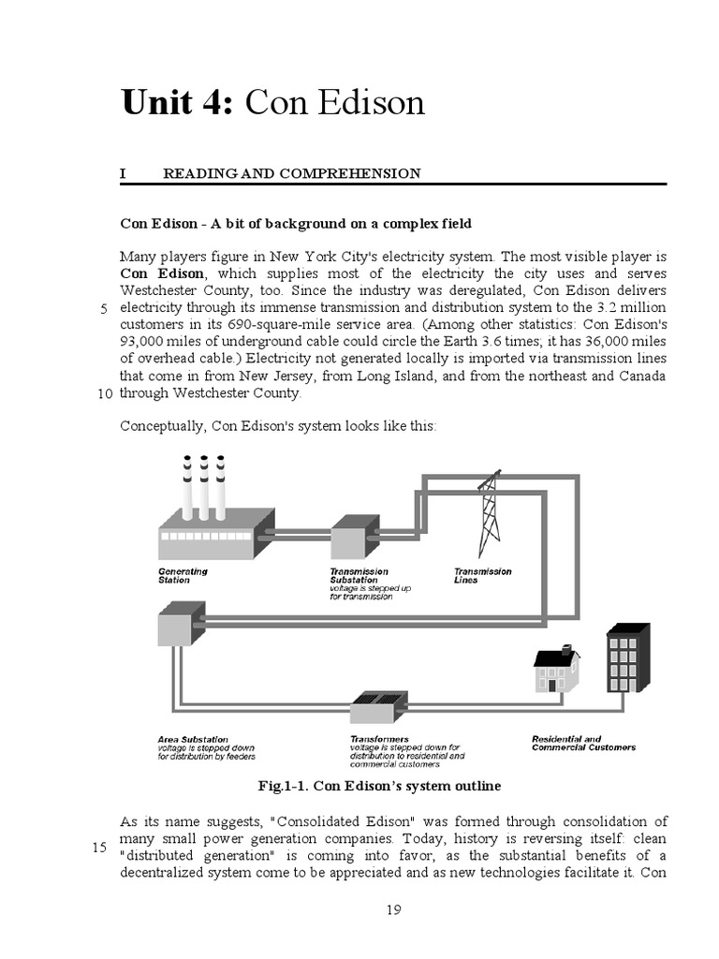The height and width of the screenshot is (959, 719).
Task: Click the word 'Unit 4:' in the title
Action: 178,102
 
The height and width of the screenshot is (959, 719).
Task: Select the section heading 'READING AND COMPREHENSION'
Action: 291,173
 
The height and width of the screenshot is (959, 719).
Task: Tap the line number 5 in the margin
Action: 104,309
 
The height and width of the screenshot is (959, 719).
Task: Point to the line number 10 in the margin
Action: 104,394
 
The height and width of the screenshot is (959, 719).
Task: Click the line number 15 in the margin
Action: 100,848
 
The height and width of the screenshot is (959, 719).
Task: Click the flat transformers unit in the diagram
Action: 374,704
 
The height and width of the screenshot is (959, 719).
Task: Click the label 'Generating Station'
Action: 183,575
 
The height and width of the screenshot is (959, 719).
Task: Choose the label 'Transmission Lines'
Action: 482,575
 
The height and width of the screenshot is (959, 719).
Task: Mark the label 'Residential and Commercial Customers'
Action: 582,743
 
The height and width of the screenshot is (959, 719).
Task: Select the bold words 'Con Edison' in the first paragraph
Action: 161,273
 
